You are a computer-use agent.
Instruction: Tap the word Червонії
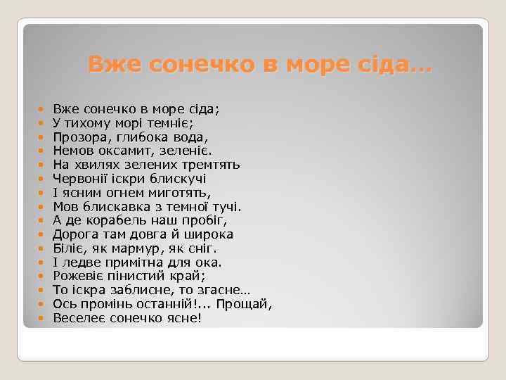coord(81,179)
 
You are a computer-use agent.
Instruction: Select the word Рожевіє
coord(80,277)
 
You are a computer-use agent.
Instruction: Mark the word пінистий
coord(138,277)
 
